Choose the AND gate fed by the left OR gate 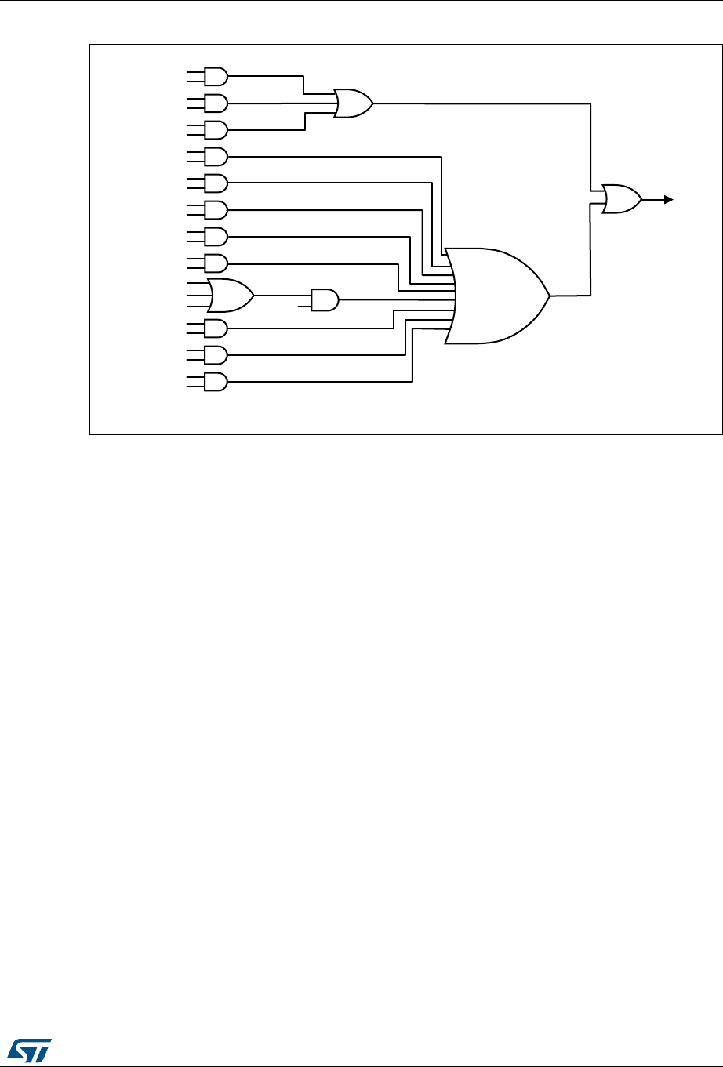click(x=324, y=299)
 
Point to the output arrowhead click(x=668, y=199)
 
